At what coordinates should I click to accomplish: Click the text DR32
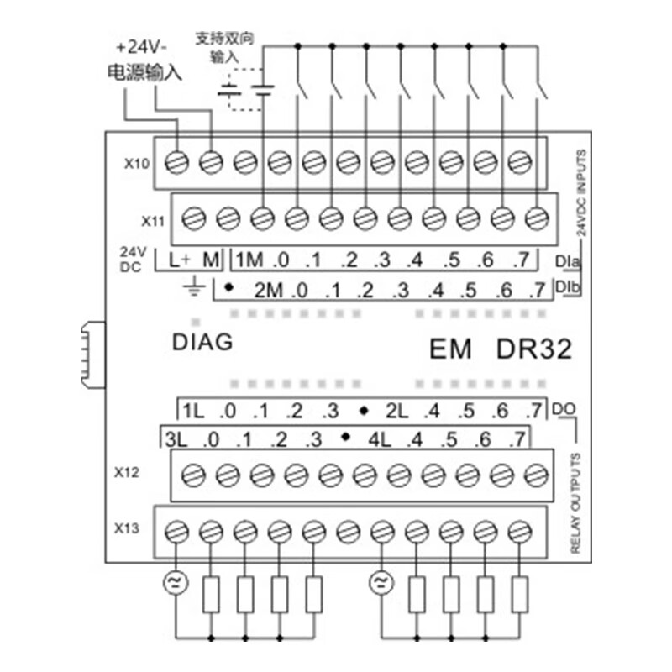pos(533,348)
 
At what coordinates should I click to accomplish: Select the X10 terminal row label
pos(136,163)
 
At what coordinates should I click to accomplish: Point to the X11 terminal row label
pos(155,220)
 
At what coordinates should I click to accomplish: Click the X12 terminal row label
pos(126,472)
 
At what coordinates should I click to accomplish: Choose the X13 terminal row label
pos(126,528)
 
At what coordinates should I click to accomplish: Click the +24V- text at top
pos(142,45)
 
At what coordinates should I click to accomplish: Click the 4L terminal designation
pos(380,438)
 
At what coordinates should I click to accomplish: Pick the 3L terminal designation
pos(176,438)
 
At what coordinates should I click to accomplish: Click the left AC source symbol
pos(176,582)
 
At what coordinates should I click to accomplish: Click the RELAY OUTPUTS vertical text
pos(576,503)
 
